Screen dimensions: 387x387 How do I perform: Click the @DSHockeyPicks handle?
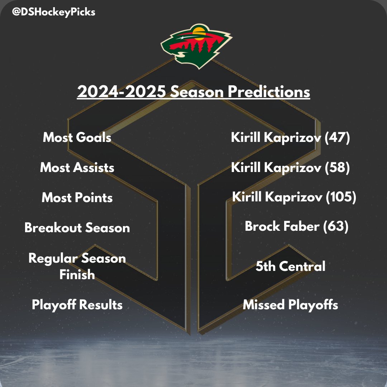point(53,12)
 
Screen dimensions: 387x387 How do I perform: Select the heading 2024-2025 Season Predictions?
point(193,92)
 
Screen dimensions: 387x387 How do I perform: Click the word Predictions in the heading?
point(269,92)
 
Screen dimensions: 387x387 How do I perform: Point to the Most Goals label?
point(77,138)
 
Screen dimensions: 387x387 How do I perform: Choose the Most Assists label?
point(77,168)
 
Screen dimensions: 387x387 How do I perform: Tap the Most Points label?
point(77,198)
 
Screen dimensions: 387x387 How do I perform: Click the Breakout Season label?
point(77,228)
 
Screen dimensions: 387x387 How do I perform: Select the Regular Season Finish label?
point(77,267)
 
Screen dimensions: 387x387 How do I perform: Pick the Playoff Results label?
point(77,305)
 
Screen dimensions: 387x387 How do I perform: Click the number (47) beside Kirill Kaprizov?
point(337,138)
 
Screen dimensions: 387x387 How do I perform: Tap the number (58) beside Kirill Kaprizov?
point(337,168)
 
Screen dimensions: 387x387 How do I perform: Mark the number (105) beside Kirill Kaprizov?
point(341,197)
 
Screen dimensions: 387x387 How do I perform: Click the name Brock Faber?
point(282,226)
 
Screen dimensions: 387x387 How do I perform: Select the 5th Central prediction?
point(291,267)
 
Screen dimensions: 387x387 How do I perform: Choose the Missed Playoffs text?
point(291,305)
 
